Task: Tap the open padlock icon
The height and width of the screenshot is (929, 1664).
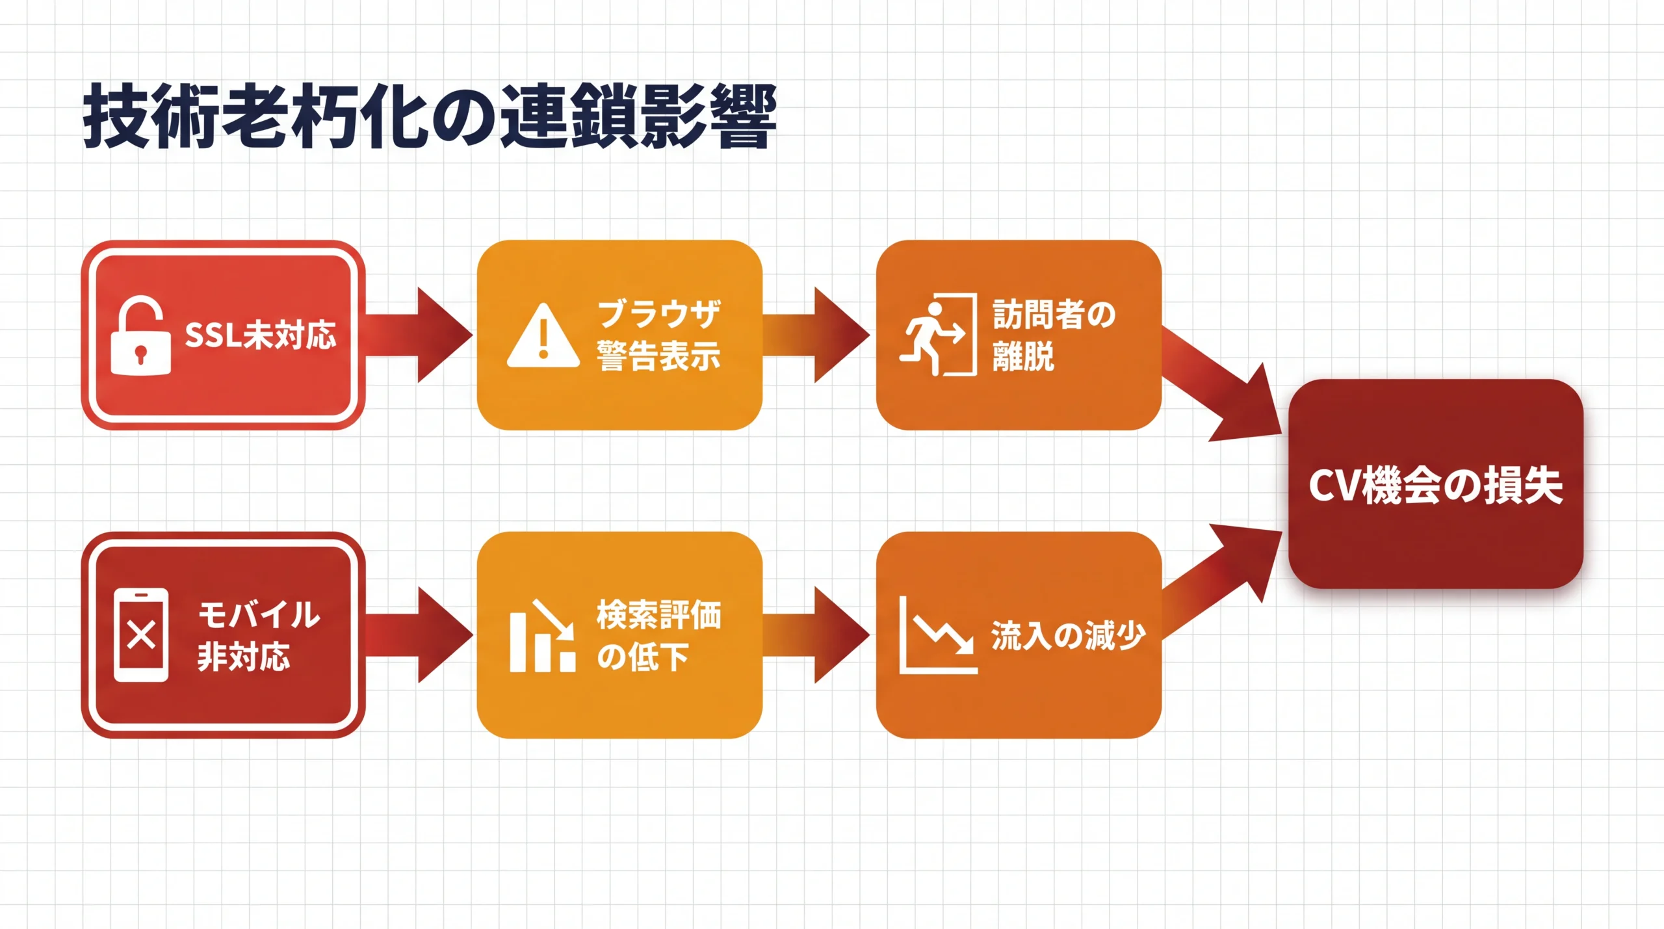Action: pos(140,336)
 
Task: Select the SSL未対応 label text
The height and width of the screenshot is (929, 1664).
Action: pos(261,335)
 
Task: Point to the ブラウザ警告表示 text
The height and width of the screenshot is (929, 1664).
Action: pos(658,335)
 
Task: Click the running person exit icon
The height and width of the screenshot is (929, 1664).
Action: pos(938,335)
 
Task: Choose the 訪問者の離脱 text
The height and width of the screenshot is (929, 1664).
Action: pos(1053,335)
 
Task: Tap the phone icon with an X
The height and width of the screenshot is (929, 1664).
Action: pos(141,635)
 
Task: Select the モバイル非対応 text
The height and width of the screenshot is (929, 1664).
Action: pos(259,635)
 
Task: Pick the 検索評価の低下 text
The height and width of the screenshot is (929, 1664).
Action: pos(658,635)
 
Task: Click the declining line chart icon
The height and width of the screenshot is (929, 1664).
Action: pos(938,635)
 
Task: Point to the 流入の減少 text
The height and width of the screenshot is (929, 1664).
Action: pos(1067,635)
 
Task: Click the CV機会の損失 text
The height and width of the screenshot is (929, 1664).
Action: pos(1435,485)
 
